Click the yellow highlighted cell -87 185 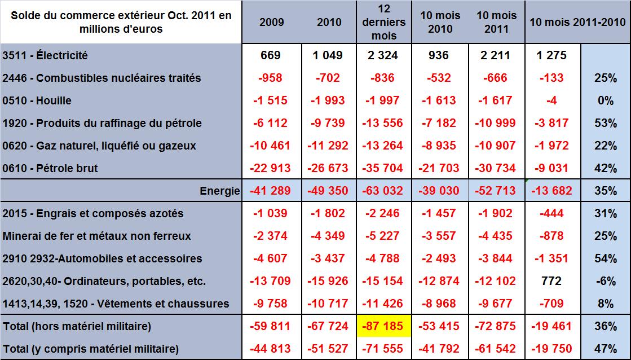click(384, 326)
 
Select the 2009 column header click(271, 23)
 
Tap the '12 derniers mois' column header click(384, 23)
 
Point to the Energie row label click(219, 191)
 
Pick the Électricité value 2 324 click(384, 55)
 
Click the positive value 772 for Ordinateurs click(552, 281)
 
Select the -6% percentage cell click(605, 281)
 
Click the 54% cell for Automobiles click(605, 258)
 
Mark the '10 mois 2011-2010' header click(577, 23)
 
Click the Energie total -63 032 click(384, 191)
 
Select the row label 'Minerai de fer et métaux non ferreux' click(96, 236)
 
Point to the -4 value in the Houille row click(552, 100)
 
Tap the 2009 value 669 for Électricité click(271, 55)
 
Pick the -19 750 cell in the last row click(552, 348)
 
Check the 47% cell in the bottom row click(605, 348)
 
